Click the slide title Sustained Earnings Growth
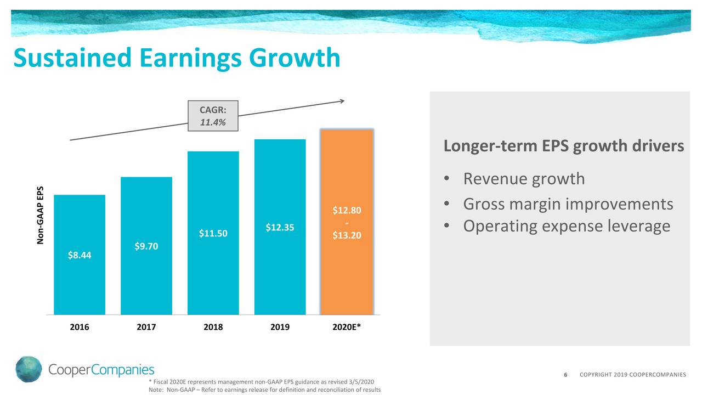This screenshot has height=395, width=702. tap(176, 58)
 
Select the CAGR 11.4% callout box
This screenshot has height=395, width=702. tap(213, 116)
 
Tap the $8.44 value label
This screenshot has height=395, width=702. tap(80, 255)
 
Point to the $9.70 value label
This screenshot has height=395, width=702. tap(146, 246)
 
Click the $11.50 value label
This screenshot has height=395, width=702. tap(213, 234)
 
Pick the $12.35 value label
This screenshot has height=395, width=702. tap(280, 227)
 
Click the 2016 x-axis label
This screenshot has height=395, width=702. tap(80, 328)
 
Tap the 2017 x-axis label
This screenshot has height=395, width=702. tap(146, 328)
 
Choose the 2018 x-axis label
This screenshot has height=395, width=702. tap(213, 328)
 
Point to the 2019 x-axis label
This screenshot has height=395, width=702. tap(280, 328)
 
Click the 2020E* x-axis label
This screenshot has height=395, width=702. tap(347, 328)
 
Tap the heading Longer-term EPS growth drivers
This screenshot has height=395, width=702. tap(563, 146)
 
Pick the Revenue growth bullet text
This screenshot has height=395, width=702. tap(524, 179)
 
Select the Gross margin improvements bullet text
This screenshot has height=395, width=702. tap(568, 204)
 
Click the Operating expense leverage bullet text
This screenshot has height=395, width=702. tap(567, 225)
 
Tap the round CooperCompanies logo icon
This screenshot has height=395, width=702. tap(29, 369)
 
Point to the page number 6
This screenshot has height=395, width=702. tap(565, 375)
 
